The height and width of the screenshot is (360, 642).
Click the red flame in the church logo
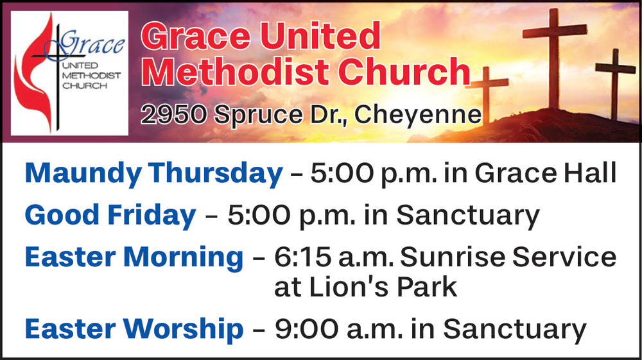point(35,74)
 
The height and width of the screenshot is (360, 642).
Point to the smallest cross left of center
point(487,94)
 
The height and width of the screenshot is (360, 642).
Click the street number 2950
point(173,114)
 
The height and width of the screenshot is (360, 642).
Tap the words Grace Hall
point(546,173)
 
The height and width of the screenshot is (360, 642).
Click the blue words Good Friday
point(110,216)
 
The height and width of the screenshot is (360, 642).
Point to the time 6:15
point(302,257)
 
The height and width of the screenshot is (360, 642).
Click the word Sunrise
point(453,257)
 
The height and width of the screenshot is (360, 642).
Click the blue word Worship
point(184,329)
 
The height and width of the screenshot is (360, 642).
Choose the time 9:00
point(307,329)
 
